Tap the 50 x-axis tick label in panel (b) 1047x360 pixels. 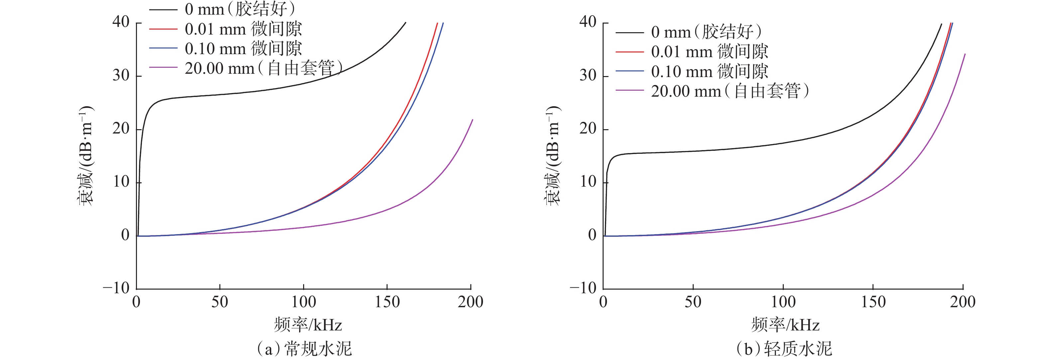[x=693, y=302]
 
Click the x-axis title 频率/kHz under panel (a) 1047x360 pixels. [x=308, y=325]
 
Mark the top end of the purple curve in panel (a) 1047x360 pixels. [x=473, y=120]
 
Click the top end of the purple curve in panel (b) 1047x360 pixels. [x=965, y=54]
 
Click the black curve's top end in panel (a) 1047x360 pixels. [x=406, y=23]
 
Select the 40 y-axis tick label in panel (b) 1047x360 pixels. [x=587, y=22]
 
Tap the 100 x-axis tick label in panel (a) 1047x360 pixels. [x=303, y=302]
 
